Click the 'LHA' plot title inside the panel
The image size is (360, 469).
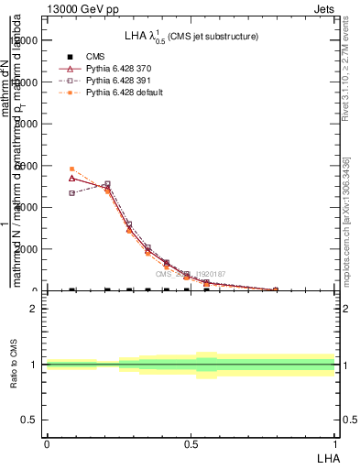(x=191, y=37)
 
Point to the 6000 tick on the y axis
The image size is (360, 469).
(x=30, y=165)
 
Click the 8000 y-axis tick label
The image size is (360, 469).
(x=30, y=124)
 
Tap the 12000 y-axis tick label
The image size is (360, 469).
(x=27, y=40)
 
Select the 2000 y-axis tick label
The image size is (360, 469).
(x=30, y=249)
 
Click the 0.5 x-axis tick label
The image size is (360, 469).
(x=191, y=443)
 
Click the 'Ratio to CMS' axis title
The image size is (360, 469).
(x=14, y=365)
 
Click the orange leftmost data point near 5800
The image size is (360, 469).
(x=71, y=169)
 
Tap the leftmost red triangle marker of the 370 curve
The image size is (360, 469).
(x=71, y=178)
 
